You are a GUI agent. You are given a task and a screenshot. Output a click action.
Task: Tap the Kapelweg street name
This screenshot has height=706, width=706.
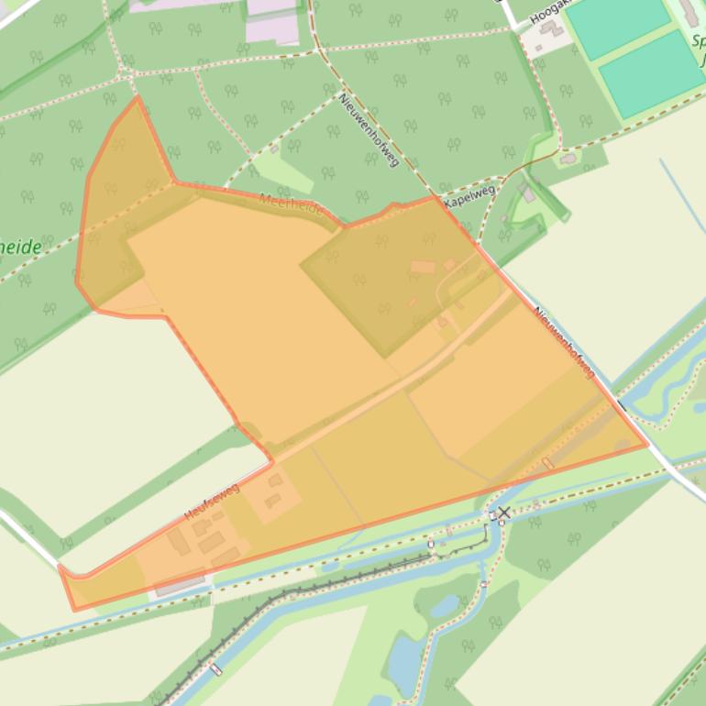pos(469,195)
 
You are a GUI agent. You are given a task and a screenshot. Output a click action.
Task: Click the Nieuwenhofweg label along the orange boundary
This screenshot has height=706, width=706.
pos(564,342)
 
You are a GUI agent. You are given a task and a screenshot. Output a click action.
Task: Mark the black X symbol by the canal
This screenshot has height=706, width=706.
pos(502,512)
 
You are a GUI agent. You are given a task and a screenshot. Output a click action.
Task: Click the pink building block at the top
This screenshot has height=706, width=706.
pos(272,20)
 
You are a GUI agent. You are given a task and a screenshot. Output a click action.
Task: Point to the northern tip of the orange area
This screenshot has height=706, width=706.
pos(138,97)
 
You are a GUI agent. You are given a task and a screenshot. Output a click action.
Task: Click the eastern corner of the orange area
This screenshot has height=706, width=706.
pos(647,445)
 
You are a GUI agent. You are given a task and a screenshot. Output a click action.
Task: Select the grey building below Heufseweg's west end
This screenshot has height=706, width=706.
pos(180,584)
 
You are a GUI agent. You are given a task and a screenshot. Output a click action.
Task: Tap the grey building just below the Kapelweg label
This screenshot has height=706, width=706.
pos(526,193)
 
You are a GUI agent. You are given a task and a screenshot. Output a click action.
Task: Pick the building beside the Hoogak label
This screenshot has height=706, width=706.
pos(551,29)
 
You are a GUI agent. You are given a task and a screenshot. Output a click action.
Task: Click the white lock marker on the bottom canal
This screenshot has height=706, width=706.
pos(215,669)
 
